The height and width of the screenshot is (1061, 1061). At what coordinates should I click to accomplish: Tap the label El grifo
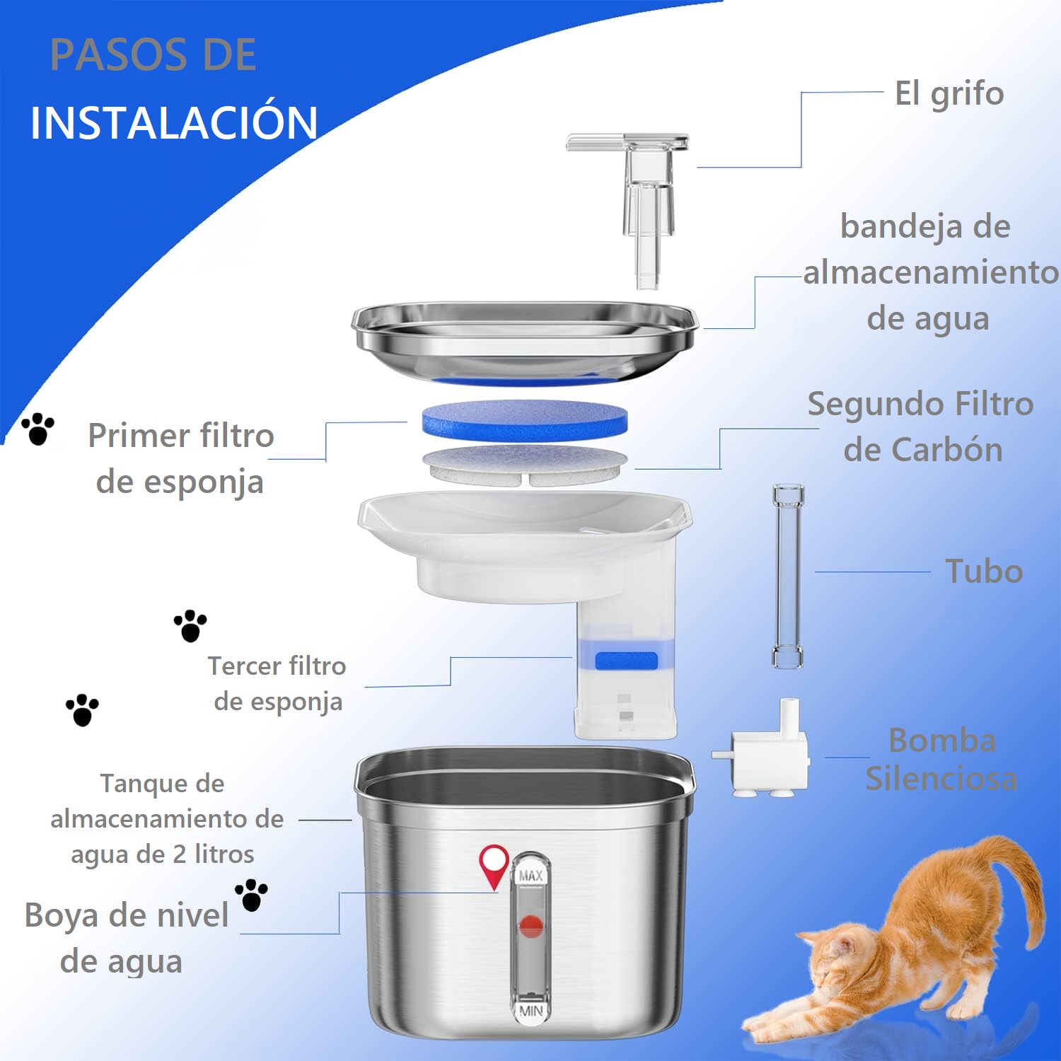pyautogui.click(x=949, y=94)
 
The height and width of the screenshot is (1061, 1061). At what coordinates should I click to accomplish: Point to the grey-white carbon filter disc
pyautogui.click(x=525, y=465)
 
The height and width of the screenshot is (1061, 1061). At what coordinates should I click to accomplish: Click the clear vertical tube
pyautogui.click(x=788, y=576)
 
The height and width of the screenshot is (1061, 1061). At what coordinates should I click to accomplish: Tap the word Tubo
pyautogui.click(x=984, y=572)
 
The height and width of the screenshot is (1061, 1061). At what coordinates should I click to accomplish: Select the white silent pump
pyautogui.click(x=763, y=749)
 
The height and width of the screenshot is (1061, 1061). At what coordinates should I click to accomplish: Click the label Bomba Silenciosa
pyautogui.click(x=941, y=760)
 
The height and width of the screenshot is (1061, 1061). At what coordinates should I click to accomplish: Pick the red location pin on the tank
pyautogui.click(x=494, y=866)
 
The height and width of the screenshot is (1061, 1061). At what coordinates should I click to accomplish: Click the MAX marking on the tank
pyautogui.click(x=530, y=876)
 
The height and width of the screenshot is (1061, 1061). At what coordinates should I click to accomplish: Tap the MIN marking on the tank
pyautogui.click(x=530, y=1011)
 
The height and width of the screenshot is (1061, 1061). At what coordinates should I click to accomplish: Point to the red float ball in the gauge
pyautogui.click(x=530, y=926)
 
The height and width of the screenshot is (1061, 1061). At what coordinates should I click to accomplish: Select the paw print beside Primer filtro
pyautogui.click(x=38, y=430)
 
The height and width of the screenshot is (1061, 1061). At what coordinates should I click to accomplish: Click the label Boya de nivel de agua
pyautogui.click(x=126, y=938)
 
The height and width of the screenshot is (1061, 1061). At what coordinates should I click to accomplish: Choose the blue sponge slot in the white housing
pyautogui.click(x=626, y=661)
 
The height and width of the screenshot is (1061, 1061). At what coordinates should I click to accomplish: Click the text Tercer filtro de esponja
pyautogui.click(x=277, y=684)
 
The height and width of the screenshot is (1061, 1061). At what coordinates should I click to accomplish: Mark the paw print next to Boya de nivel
pyautogui.click(x=251, y=895)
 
